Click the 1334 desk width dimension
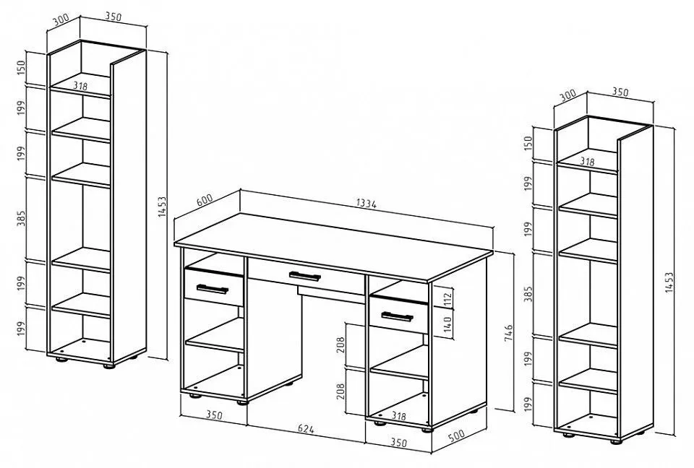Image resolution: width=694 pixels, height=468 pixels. [x=366, y=204]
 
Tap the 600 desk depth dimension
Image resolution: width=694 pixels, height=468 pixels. [x=205, y=200]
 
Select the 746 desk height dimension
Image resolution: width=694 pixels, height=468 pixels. [x=508, y=333]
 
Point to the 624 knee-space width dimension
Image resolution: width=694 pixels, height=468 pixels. [x=306, y=428]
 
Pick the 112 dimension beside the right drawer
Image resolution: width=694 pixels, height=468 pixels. [x=447, y=299]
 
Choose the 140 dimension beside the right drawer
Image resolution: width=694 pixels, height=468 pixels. [x=447, y=324]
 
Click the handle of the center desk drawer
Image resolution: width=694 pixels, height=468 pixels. [x=304, y=276]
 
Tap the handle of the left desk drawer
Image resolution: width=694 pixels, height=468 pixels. [x=212, y=289]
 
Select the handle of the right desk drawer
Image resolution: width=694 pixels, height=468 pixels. [x=397, y=317]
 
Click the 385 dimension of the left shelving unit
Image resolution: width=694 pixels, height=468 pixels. [x=21, y=217]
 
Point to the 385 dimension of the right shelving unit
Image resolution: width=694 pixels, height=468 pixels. [x=528, y=294]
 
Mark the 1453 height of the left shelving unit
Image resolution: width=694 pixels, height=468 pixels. [x=162, y=206]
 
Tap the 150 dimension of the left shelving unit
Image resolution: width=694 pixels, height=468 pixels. [x=21, y=68]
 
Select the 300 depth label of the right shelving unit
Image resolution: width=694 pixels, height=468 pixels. [x=568, y=95]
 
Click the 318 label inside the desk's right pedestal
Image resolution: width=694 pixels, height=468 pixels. [x=399, y=416]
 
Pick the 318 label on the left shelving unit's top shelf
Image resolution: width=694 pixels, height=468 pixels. [x=80, y=86]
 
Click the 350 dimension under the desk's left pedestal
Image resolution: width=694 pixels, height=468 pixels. [x=214, y=415]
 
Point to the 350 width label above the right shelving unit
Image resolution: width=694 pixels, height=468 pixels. [x=620, y=92]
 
